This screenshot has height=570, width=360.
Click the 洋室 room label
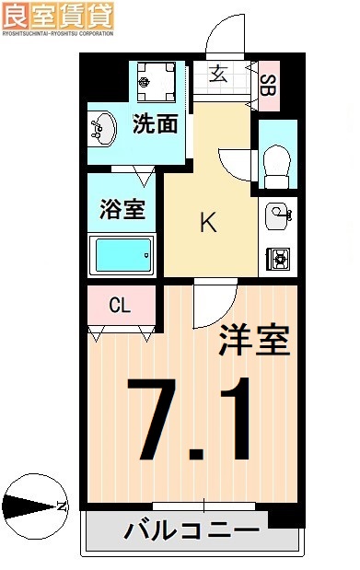pos(253,342)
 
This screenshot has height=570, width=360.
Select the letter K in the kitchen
pos(209,223)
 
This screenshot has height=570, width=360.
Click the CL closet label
pos(120,305)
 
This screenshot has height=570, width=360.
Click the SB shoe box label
pos(267,86)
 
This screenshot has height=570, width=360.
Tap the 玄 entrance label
pos(218,75)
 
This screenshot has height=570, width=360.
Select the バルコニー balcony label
pos(192,531)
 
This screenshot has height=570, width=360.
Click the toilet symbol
pos(275,166)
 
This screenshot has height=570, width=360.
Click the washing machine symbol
pos(154,82)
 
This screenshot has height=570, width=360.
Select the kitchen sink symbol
pos(278,217)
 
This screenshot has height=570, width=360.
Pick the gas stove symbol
pos(278,259)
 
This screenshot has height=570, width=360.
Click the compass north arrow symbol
pos(34,506)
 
